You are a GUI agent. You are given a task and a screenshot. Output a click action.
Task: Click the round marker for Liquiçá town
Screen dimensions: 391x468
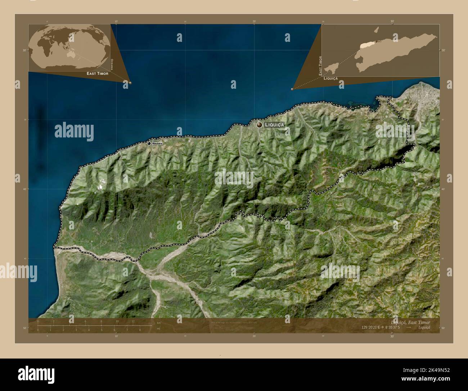(x=259, y=125)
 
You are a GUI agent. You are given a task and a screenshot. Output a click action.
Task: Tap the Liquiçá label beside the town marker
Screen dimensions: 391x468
(x=275, y=125)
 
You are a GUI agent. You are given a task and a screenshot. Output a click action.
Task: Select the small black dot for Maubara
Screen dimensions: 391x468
(x=149, y=143)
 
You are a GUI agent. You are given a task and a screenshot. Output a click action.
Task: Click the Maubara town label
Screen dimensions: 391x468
(x=157, y=144)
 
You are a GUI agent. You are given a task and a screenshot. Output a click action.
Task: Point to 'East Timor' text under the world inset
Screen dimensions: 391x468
(x=97, y=74)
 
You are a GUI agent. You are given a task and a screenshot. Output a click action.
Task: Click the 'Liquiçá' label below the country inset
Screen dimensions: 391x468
(x=330, y=78)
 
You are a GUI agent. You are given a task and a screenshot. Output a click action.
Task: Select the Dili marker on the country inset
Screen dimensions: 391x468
(x=376, y=41)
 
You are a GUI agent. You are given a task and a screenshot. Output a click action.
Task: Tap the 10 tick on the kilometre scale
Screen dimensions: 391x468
(x=117, y=321)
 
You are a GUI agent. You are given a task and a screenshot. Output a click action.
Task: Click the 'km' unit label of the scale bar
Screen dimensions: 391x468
(x=158, y=323)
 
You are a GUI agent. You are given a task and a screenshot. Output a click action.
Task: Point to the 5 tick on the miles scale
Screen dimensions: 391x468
(x=102, y=330)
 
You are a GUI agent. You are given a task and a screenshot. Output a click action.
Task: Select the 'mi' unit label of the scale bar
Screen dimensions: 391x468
(x=158, y=329)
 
